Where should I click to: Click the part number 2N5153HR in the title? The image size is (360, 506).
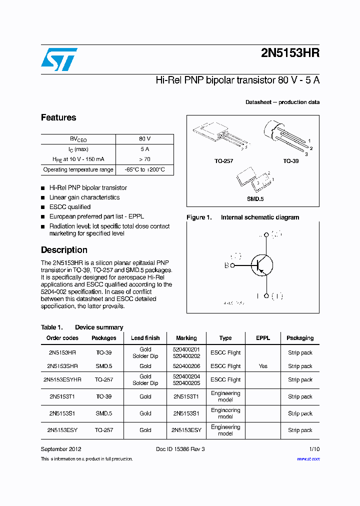290,54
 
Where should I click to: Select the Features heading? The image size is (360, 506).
58,117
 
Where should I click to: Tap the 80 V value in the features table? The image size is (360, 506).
144,139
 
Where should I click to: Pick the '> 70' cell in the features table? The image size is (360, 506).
144,159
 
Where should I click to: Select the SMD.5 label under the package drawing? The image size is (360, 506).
255,199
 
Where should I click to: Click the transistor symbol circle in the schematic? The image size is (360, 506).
261,265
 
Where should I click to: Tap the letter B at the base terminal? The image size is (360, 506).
226,265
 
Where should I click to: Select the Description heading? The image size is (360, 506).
64,250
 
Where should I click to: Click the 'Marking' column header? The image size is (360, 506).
186,338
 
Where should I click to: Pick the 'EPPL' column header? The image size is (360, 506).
263,338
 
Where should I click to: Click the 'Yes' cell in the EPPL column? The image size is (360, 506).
263,366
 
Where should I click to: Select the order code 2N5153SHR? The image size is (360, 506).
62,366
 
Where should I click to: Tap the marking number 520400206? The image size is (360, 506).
186,366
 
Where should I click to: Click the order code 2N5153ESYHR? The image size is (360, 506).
62,379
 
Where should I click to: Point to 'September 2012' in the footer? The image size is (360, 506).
61,449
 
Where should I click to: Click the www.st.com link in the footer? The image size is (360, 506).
308,458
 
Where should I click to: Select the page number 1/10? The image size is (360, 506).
314,449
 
